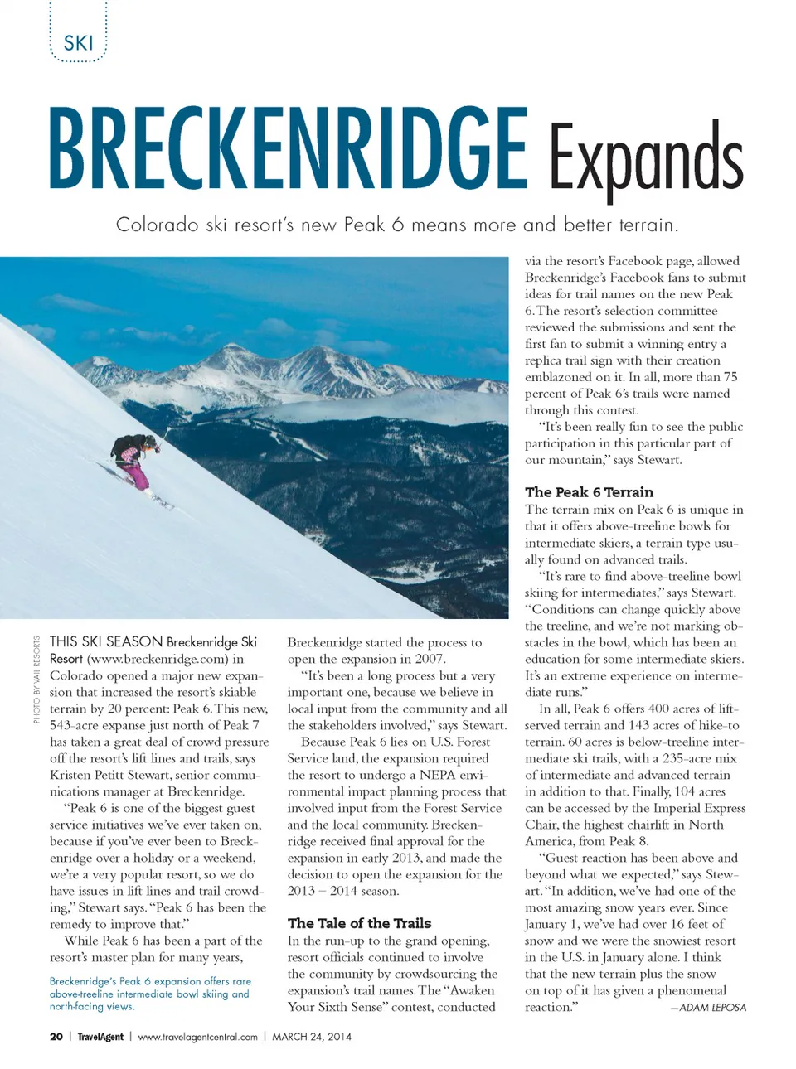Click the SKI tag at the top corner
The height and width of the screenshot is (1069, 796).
pos(78,42)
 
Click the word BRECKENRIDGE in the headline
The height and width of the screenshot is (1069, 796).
pos(287,149)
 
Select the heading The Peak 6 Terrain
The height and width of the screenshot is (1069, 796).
pos(589,491)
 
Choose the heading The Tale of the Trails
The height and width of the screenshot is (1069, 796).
pos(359,922)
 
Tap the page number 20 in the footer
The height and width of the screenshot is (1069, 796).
pos(56,1036)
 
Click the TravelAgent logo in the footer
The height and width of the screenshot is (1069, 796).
pos(100,1036)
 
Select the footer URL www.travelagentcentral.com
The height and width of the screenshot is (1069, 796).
pos(197,1036)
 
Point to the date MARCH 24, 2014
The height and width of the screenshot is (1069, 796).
pos(312,1036)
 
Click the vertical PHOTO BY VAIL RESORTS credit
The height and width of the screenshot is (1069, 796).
pos(36,679)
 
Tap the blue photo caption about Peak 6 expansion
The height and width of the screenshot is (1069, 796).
pos(149,993)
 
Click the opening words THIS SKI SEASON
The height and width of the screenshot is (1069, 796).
pos(106,641)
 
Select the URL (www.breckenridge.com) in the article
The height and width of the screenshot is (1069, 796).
pos(158,659)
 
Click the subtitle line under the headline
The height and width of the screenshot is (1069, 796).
pos(397,225)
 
